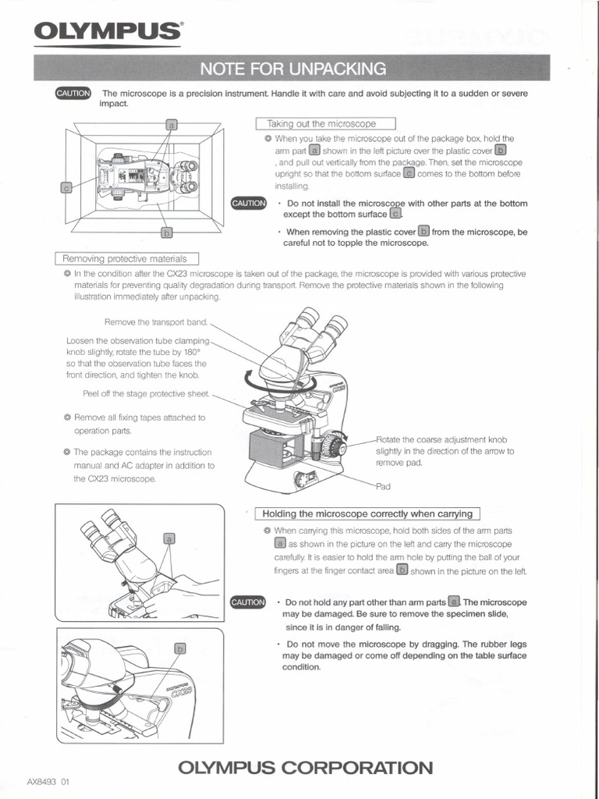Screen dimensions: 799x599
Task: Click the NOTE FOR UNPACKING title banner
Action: [292, 69]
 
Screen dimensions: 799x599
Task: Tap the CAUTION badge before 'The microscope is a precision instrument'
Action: [73, 94]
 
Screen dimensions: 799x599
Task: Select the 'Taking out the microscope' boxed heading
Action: [325, 124]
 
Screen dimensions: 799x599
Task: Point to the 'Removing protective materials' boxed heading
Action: [127, 259]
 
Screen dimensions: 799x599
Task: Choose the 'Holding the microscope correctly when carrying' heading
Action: [368, 513]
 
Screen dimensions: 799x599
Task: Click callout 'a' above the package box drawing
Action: [172, 124]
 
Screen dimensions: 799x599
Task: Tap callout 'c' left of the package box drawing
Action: [66, 187]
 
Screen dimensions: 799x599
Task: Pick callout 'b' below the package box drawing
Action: [166, 232]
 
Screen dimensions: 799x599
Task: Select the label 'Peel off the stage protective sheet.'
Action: [146, 393]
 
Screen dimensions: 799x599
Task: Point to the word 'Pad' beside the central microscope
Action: [383, 486]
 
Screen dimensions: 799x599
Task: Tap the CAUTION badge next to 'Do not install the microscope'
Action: [249, 204]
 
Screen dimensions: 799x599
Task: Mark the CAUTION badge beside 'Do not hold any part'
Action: [249, 602]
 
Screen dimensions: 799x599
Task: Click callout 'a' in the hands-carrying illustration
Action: [168, 538]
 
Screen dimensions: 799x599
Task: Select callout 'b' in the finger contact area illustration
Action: [179, 648]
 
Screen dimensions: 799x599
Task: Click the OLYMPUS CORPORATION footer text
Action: [305, 767]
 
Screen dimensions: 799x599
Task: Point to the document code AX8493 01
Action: [48, 781]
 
